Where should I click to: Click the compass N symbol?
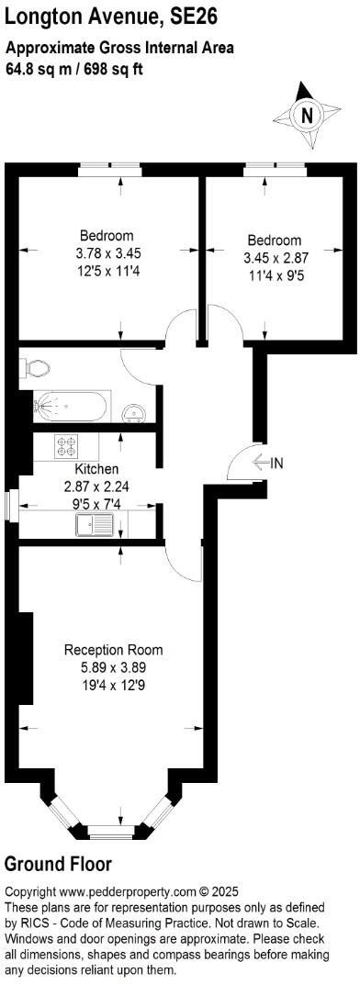pyautogui.click(x=307, y=115)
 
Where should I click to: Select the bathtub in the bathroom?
pyautogui.click(x=71, y=405)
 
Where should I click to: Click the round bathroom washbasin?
pyautogui.click(x=136, y=412)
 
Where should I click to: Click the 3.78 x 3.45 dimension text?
pyautogui.click(x=109, y=252)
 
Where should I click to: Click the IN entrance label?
pyautogui.click(x=276, y=463)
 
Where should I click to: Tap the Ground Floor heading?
pyautogui.click(x=58, y=864)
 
